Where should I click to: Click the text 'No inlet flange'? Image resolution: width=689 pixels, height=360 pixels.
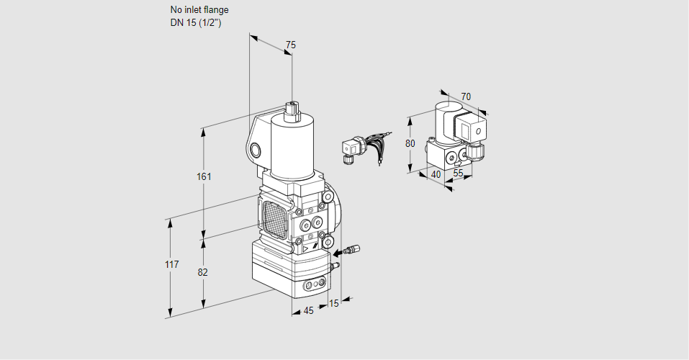coord(199,10)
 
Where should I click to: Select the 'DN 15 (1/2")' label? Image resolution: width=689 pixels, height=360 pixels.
coord(195,22)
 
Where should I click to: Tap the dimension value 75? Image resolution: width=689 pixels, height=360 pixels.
coord(290,45)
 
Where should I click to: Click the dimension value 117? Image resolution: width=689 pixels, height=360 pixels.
coord(171,264)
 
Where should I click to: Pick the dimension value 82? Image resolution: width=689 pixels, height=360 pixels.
coord(203,272)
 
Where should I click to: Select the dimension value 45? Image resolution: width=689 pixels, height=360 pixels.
coord(308,311)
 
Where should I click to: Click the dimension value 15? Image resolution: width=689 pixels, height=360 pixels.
coord(333,303)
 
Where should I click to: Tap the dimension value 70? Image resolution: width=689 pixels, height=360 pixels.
coord(466,96)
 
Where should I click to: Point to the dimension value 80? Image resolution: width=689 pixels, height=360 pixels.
coord(410,143)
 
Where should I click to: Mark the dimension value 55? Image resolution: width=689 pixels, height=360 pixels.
coord(458,174)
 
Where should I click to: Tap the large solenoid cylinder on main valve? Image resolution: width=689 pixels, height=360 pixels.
coord(291,144)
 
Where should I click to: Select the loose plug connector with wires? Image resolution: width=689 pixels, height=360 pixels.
coord(352,149)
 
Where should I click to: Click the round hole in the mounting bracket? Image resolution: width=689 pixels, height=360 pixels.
coord(257,150)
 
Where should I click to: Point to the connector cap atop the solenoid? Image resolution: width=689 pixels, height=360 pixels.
coord(292,109)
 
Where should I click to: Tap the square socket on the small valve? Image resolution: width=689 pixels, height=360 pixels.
coord(475,132)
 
